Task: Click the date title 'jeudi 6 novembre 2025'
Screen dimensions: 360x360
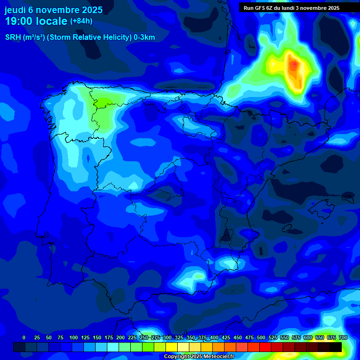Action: coord(53,10)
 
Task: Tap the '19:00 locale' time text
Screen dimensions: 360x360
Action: coord(36,21)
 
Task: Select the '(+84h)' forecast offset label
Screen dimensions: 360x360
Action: coord(81,21)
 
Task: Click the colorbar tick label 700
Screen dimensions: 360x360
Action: coord(343,337)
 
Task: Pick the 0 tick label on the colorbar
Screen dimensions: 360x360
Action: coord(24,337)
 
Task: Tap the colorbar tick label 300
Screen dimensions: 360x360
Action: coord(167,337)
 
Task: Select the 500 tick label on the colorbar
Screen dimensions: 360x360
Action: coord(261,337)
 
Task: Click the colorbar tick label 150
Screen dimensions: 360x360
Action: coord(97,337)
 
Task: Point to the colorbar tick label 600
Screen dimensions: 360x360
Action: coord(308,337)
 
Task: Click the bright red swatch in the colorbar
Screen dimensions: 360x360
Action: coord(265,347)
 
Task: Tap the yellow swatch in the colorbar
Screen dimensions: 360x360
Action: coord(172,347)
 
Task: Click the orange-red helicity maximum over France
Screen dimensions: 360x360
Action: coord(294,65)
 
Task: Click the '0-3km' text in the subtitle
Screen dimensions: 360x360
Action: coord(144,37)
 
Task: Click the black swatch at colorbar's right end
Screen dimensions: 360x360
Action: coord(336,347)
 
